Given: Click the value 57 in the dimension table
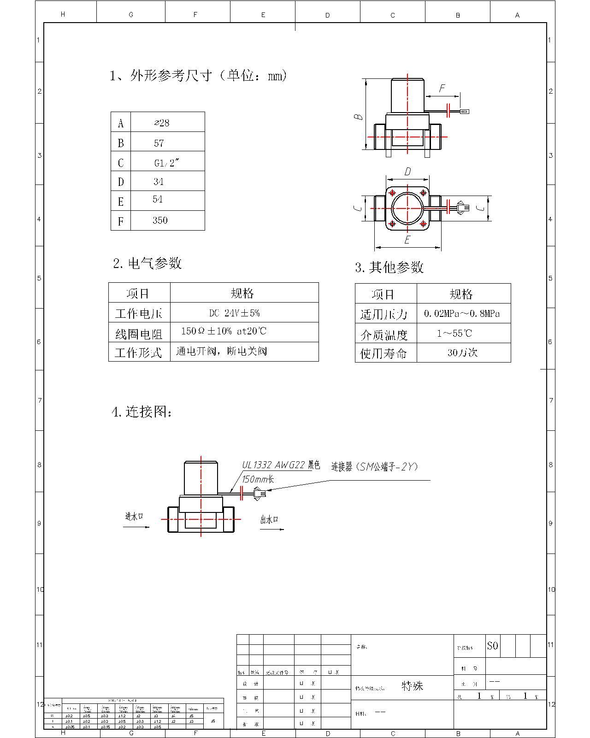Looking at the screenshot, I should (159, 143).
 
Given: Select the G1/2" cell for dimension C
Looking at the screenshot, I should (166, 163).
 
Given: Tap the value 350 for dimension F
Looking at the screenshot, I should (160, 220).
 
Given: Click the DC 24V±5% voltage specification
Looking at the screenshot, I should (235, 313).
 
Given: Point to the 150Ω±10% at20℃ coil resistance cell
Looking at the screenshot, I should (224, 331).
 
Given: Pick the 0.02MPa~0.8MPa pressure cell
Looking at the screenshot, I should (462, 314).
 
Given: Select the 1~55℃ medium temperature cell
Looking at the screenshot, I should (454, 333).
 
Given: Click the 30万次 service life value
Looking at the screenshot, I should (462, 353).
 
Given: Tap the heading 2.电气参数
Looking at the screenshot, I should (147, 263).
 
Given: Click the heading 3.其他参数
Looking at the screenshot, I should (389, 267).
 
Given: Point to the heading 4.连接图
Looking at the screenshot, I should (142, 411).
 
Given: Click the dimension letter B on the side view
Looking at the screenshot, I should (359, 117).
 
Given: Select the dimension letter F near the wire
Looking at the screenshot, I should (442, 88).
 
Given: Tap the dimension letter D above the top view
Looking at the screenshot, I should (407, 172).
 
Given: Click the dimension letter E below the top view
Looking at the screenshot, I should (407, 240).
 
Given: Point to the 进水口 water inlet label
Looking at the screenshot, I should (134, 516).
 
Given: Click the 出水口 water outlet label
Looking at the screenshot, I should (270, 520).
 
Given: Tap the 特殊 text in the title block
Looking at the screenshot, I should (412, 686).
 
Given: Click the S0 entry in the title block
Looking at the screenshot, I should (492, 646).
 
